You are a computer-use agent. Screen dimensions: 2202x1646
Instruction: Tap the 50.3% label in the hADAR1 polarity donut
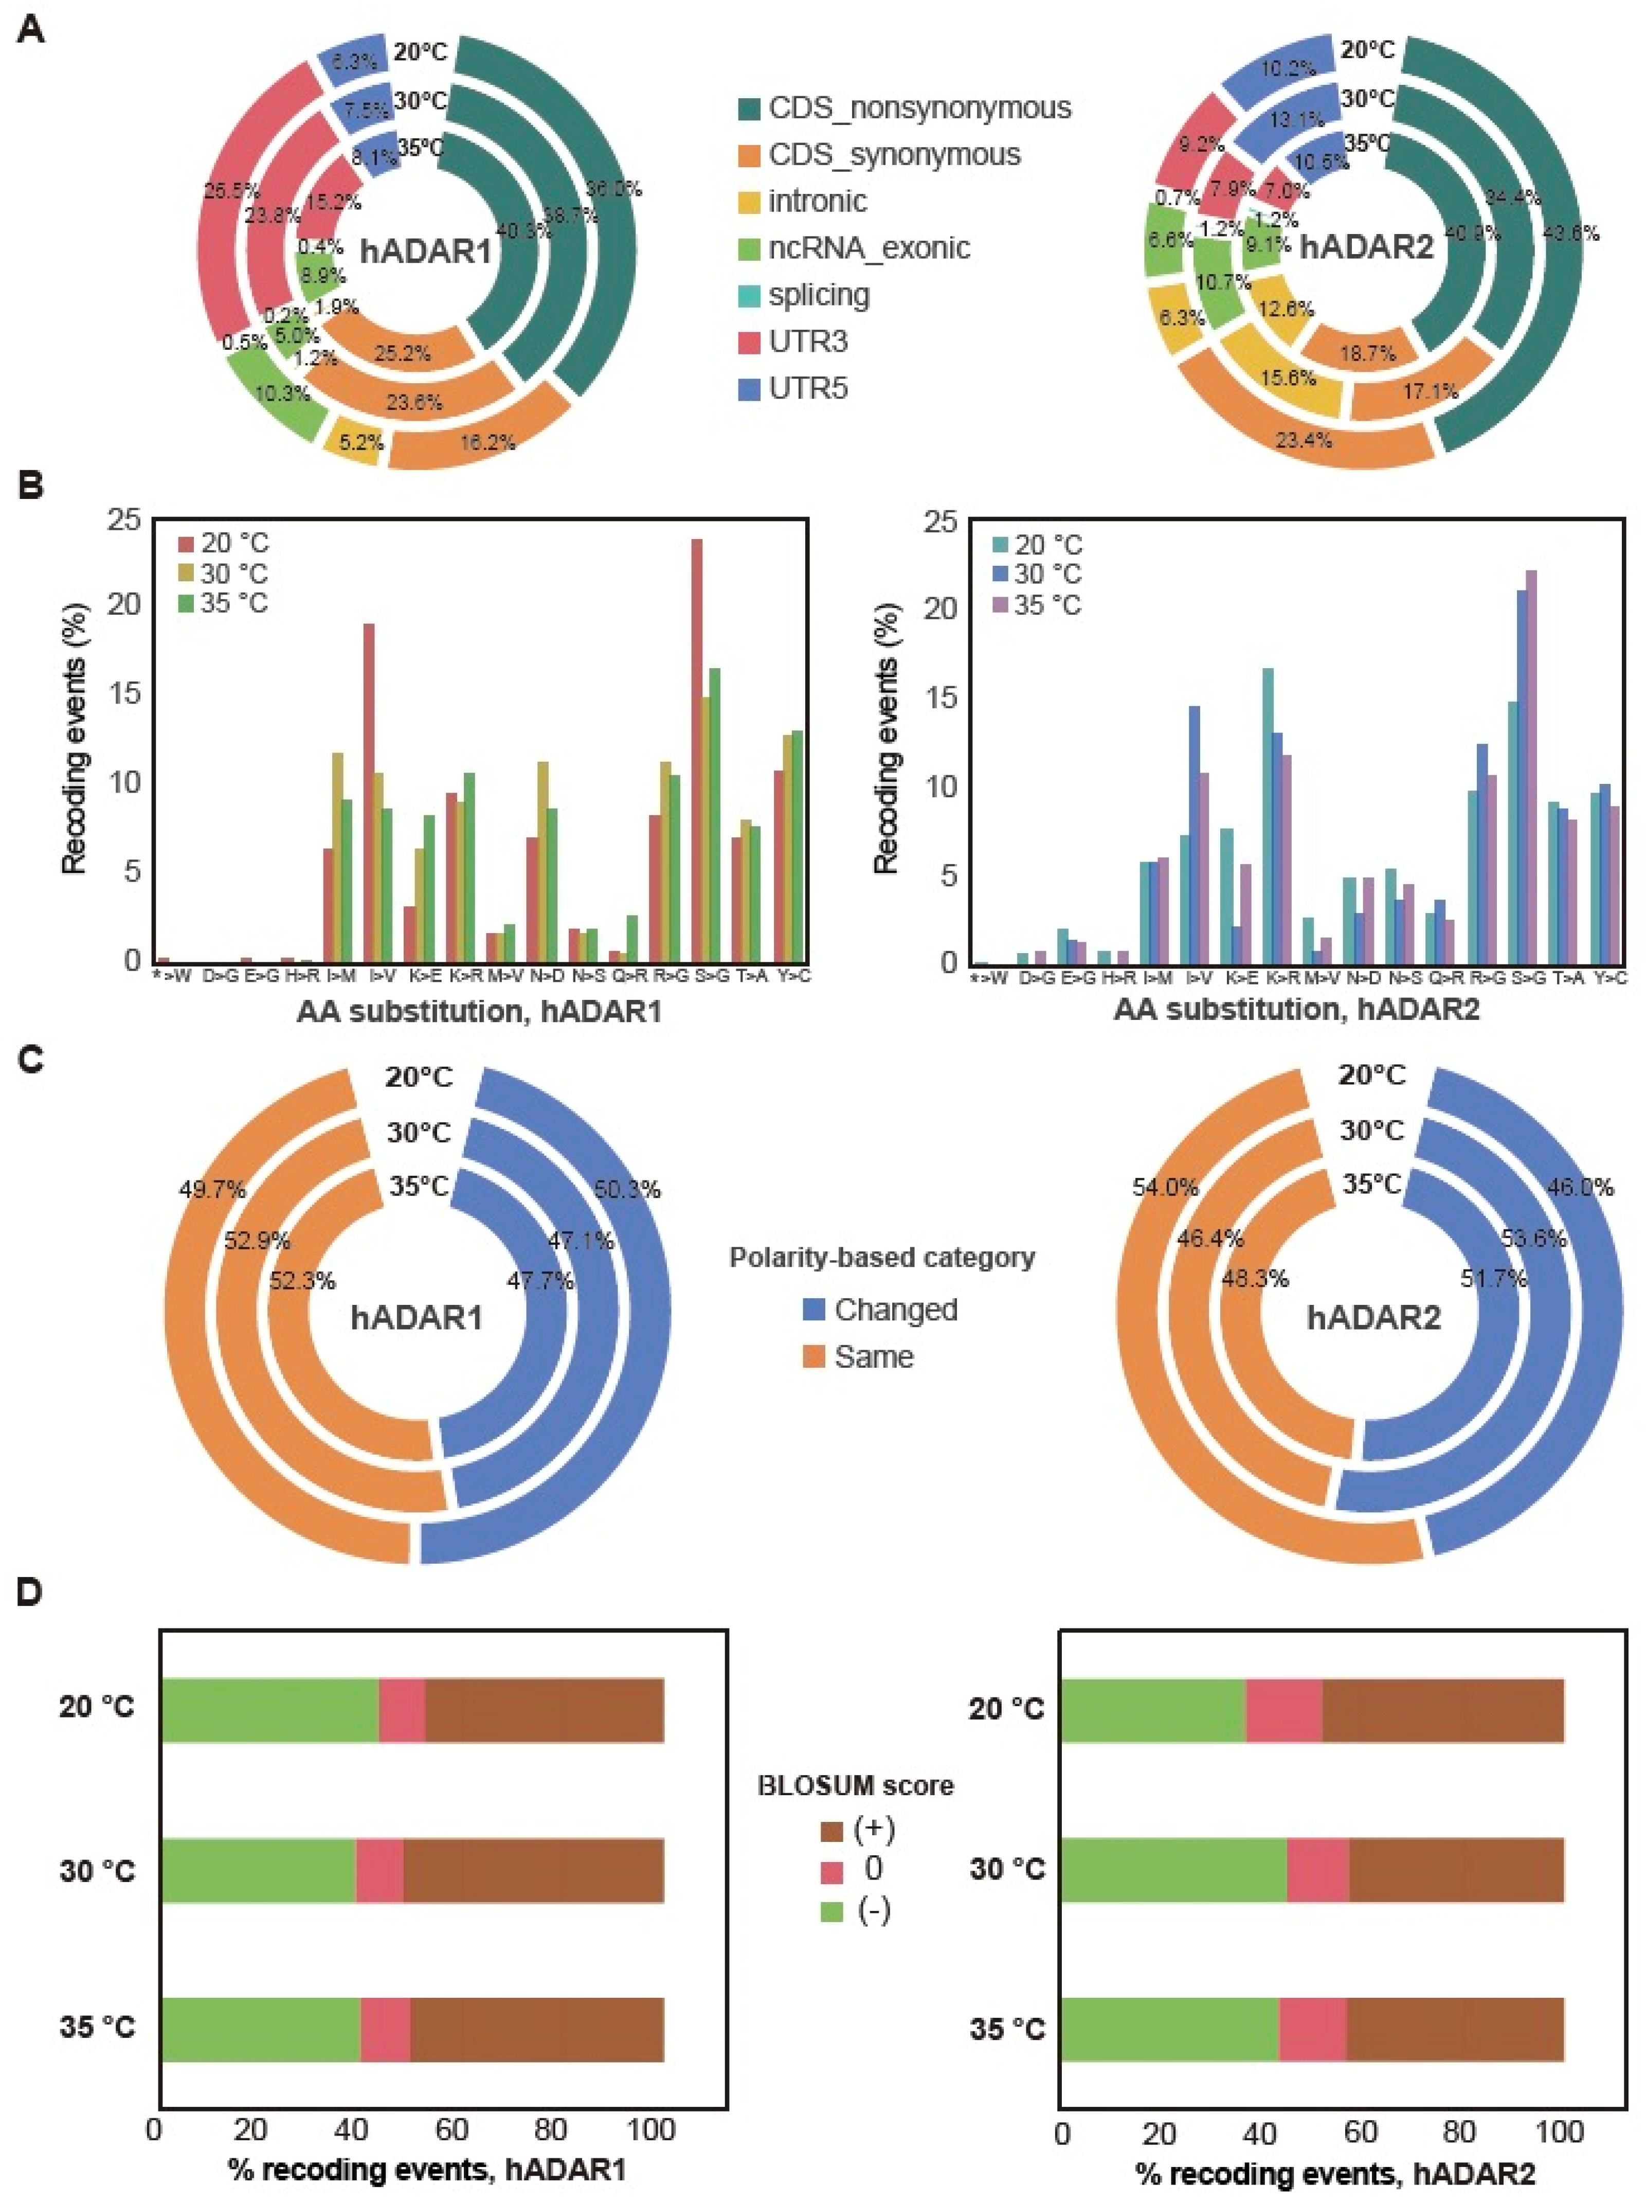627,1190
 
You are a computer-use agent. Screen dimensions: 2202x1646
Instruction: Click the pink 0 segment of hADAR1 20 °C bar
402,1710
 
